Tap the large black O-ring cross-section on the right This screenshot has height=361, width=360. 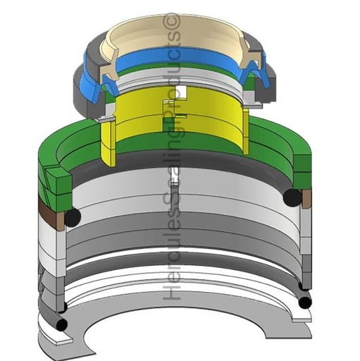[x=292, y=197]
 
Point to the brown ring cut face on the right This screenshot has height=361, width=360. [x=306, y=199]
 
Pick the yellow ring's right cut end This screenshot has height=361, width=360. [x=245, y=131]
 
